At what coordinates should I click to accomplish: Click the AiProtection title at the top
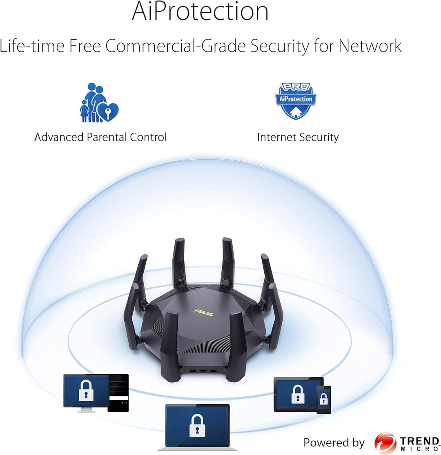pos(200,11)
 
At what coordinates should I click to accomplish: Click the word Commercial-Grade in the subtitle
pos(175,46)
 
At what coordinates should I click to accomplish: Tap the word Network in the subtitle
pos(370,46)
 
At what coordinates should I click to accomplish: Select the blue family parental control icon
pos(99,103)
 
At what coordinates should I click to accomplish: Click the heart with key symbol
pos(108,112)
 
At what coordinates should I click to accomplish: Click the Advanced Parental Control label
pos(100,137)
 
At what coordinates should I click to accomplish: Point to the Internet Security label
pos(298,137)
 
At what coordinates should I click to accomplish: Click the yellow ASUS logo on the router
pos(203,312)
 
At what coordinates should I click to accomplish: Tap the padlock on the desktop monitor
pos(86,390)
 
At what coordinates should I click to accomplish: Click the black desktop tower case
pos(118,393)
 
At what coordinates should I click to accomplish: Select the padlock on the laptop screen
pos(197,426)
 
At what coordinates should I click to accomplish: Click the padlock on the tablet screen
pos(297,394)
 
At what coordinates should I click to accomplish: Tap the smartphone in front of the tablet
pos(323,400)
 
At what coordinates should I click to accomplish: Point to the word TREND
pos(419,442)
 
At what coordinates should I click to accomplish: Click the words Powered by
pos(334,443)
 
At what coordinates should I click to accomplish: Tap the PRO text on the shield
pos(296,87)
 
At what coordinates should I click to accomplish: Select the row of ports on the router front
pos(203,371)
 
